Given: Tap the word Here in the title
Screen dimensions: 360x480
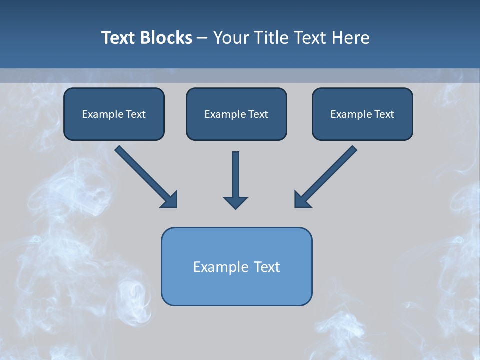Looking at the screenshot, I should (351, 38).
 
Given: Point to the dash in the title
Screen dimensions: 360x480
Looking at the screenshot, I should (202, 38).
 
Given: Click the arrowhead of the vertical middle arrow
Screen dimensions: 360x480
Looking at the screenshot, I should (235, 202).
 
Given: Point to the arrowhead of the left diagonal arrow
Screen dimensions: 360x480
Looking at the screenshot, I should (170, 200).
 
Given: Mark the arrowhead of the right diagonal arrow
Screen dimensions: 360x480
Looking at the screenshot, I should (302, 200).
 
